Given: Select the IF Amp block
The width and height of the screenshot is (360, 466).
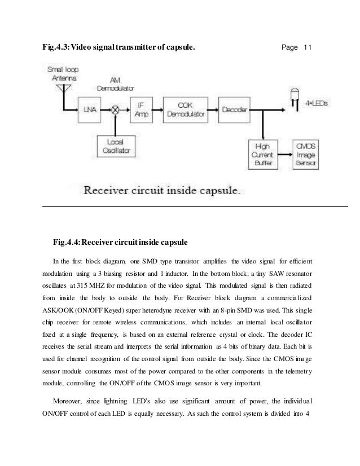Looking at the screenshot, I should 142,109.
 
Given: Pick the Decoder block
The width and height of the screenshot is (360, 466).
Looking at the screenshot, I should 233,109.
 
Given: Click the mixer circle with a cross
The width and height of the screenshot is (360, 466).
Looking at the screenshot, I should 115,109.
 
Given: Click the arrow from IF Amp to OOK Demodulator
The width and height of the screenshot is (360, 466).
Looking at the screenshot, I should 158,109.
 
